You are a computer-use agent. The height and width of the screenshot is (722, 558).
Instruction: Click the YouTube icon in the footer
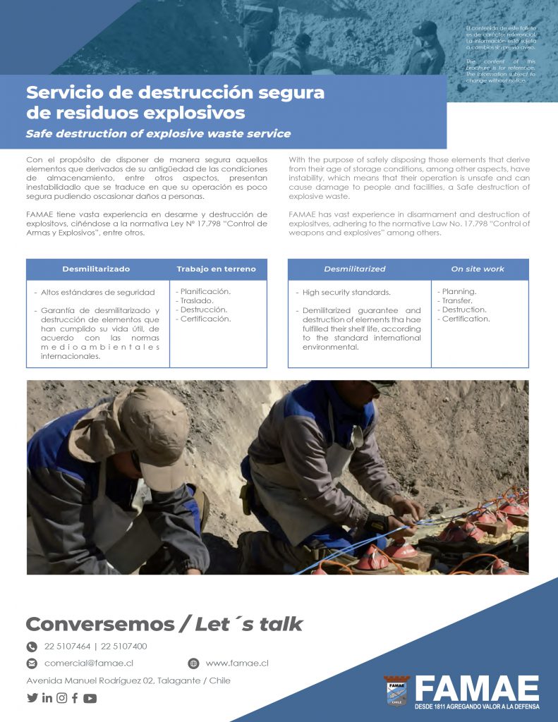click(x=90, y=699)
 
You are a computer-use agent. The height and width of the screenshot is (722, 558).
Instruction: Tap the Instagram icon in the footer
click(x=62, y=698)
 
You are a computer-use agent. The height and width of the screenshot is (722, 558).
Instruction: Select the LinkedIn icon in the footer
click(x=47, y=698)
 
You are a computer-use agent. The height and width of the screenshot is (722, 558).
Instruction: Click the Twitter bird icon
click(x=32, y=698)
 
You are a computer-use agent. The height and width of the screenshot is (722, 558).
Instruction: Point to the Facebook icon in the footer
click(x=75, y=698)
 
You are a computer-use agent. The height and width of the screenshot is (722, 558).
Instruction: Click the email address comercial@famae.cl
click(x=89, y=663)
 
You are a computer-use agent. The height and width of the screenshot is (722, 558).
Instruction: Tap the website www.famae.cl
click(x=237, y=663)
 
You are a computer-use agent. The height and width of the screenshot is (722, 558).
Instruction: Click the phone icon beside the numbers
click(x=32, y=647)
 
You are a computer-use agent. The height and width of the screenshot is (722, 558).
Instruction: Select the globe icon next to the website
click(x=193, y=663)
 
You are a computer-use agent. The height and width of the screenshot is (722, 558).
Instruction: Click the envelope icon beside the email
click(x=32, y=663)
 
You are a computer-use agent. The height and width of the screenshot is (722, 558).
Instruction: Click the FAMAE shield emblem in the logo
click(x=397, y=690)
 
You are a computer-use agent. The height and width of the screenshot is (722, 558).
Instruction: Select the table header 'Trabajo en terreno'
click(x=217, y=269)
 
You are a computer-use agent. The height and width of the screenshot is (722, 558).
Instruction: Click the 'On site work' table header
click(x=478, y=269)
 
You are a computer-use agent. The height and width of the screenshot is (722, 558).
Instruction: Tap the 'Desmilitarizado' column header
click(x=96, y=269)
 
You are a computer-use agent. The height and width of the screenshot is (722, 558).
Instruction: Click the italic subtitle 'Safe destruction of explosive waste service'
click(x=158, y=133)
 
